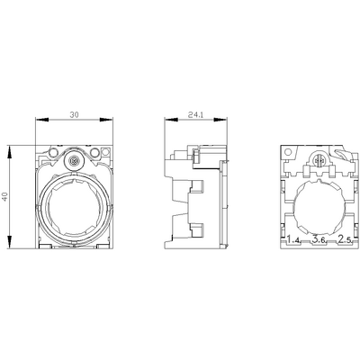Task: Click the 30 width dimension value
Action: tap(74, 114)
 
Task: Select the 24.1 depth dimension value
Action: tap(195, 114)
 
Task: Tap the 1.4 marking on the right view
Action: tap(293, 239)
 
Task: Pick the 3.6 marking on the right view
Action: tap(319, 239)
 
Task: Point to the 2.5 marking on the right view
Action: tap(345, 239)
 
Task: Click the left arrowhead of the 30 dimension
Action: tap(42, 120)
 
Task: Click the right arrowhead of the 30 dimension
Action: tap(106, 120)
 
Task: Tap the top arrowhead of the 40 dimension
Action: tap(10, 152)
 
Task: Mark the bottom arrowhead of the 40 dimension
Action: tap(10, 242)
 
